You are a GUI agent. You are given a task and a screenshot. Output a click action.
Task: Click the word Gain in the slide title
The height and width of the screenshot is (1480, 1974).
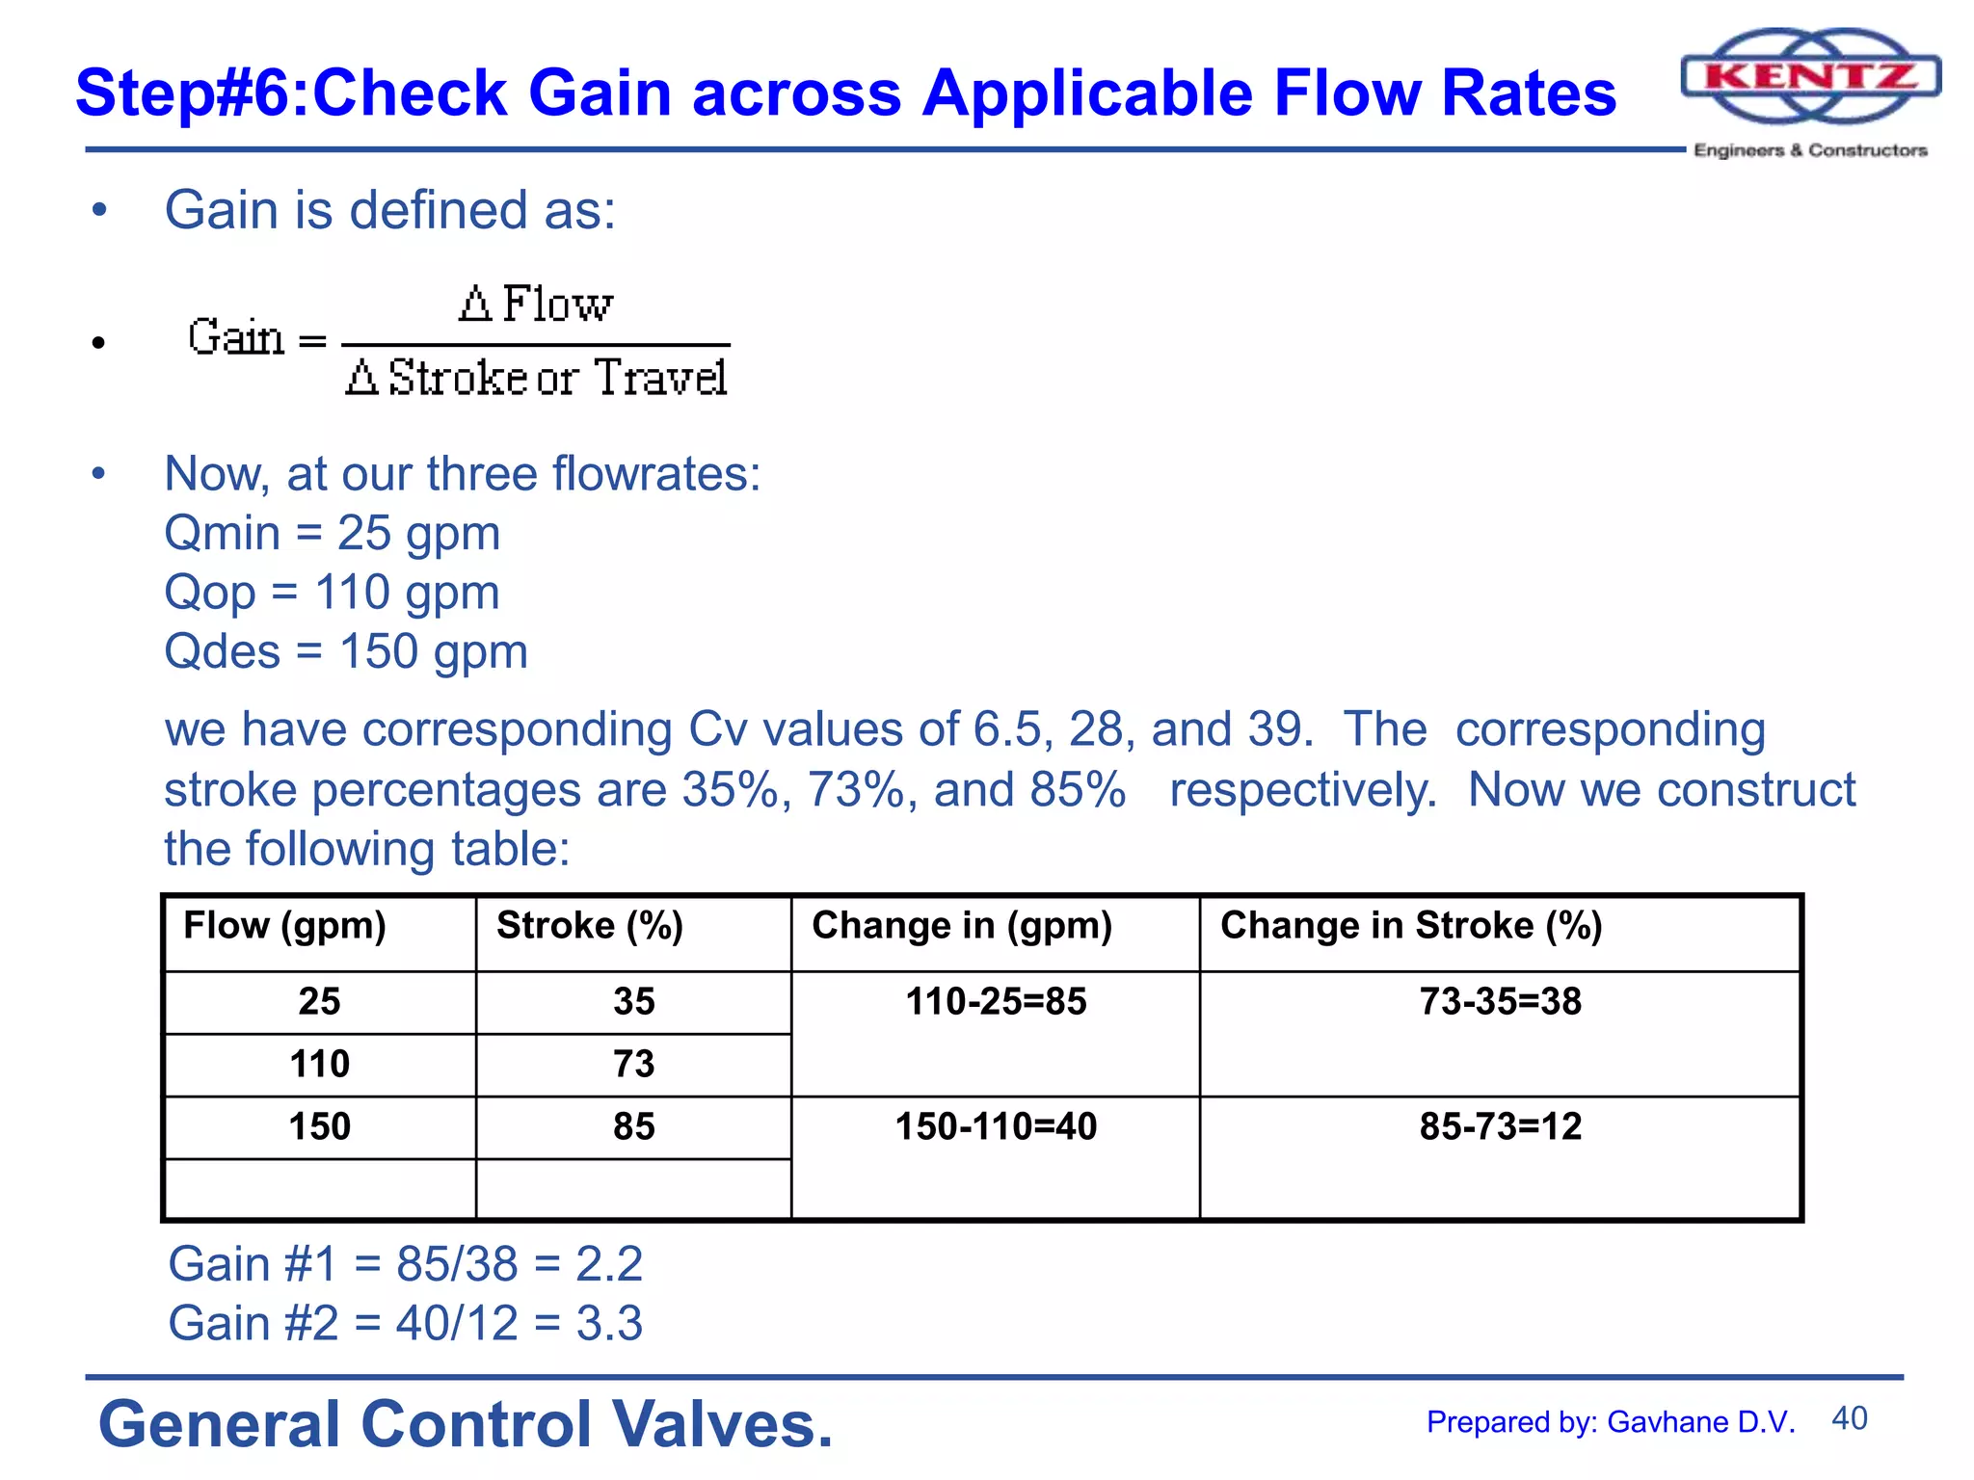pos(599,93)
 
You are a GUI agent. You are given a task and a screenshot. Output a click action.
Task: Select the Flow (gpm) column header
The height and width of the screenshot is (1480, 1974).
pos(284,926)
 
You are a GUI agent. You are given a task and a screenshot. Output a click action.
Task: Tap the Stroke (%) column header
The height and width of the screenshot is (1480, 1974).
pos(589,926)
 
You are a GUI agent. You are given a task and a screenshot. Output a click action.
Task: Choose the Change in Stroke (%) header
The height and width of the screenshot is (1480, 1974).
pos(1410,926)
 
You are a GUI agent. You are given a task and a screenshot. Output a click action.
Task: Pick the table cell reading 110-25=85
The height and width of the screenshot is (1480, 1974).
pos(996,1002)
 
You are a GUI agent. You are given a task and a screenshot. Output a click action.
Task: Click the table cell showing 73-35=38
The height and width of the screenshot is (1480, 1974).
pos(1500,1002)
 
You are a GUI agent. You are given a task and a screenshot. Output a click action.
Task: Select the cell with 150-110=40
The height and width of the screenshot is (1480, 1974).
pos(996,1126)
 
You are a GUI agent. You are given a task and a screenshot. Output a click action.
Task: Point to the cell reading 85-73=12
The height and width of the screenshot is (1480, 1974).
pos(1500,1126)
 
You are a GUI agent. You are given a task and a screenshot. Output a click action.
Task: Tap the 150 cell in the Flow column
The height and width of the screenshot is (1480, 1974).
pos(319,1126)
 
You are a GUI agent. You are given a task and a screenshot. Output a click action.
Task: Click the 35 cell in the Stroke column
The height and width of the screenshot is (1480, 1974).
pos(633,1002)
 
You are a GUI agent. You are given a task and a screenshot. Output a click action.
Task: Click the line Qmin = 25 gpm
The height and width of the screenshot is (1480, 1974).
pos(333,533)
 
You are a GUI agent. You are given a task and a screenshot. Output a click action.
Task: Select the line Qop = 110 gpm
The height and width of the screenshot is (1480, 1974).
pos(333,592)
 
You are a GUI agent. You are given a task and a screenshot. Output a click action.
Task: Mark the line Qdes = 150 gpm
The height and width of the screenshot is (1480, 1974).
pos(346,651)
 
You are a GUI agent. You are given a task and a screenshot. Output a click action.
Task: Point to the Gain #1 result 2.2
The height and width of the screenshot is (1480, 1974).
pos(608,1264)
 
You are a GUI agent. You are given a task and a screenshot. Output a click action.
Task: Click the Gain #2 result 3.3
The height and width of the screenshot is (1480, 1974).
pos(608,1323)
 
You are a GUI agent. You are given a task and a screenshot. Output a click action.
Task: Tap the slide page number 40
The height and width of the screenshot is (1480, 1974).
pos(1849,1418)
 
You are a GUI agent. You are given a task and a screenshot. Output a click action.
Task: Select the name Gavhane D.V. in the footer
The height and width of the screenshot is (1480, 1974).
pos(1701,1422)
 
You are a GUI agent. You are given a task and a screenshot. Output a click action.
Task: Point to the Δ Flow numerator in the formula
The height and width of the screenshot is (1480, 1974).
pos(535,304)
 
